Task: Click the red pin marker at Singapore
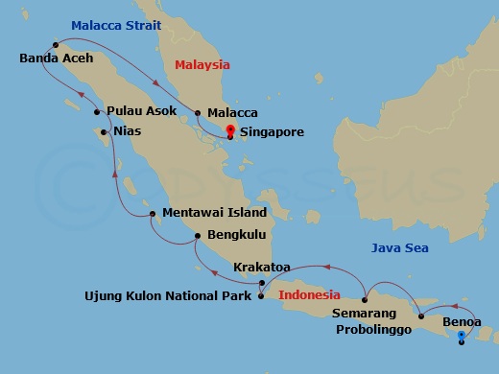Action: (229, 132)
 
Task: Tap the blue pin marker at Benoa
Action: (462, 336)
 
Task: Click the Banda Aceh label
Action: (56, 58)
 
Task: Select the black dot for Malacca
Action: (198, 112)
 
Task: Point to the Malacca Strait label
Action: (116, 26)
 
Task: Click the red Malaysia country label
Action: (202, 65)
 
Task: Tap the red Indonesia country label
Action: (309, 295)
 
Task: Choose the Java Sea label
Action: (400, 248)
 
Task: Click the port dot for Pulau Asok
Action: (97, 112)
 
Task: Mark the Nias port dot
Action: (103, 132)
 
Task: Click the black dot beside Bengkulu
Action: (198, 235)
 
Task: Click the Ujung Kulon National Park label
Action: (166, 296)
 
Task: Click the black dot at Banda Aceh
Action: (57, 43)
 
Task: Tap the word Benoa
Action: (461, 322)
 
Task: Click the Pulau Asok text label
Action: (142, 111)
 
